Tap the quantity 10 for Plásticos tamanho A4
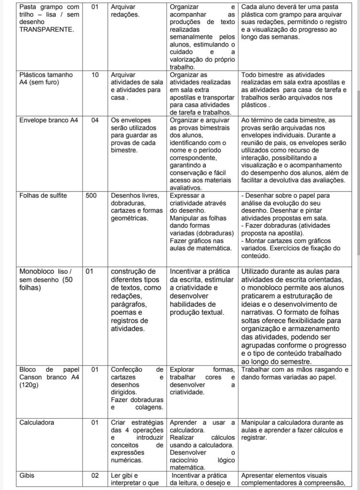click(x=95, y=75)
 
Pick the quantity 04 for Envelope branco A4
click(x=95, y=120)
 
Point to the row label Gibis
click(x=27, y=476)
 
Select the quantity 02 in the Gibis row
click(x=95, y=476)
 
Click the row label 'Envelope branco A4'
click(x=47, y=120)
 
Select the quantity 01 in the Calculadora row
click(x=95, y=423)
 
